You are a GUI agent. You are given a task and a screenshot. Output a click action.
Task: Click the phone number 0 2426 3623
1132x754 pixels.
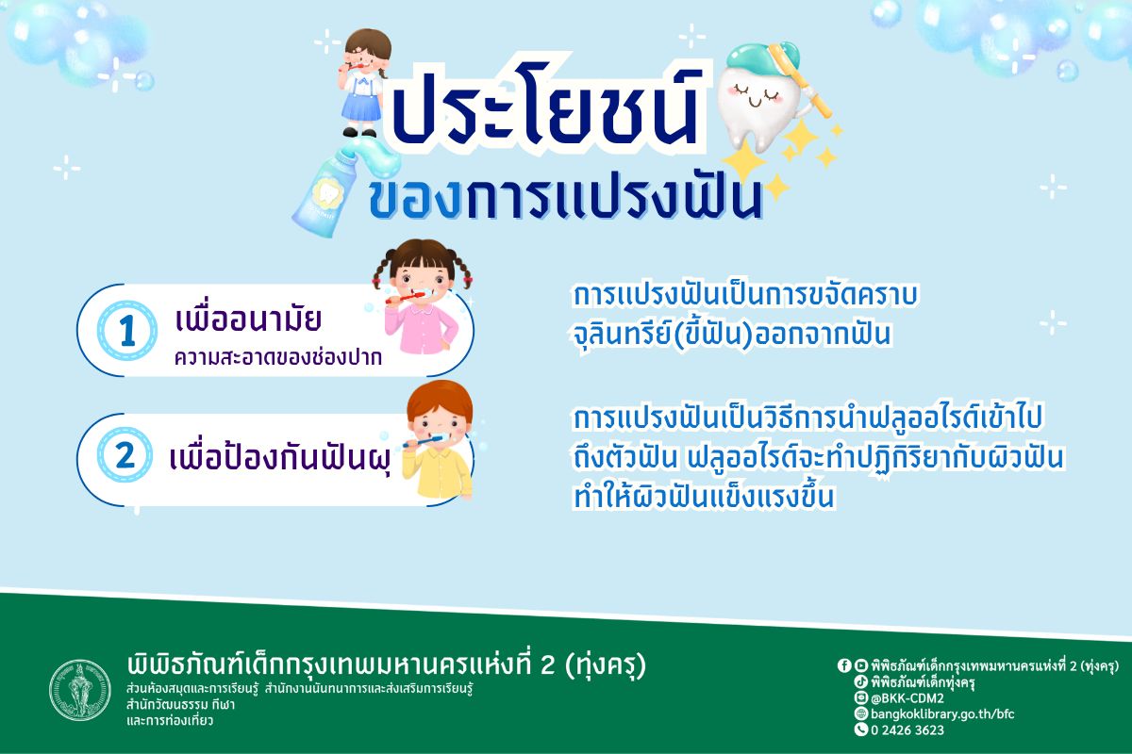coord(906,729)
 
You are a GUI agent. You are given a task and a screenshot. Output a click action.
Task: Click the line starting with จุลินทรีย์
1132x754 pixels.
coord(732,335)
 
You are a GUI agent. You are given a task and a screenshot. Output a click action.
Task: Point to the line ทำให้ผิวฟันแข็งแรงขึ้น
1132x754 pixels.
coord(704,498)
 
